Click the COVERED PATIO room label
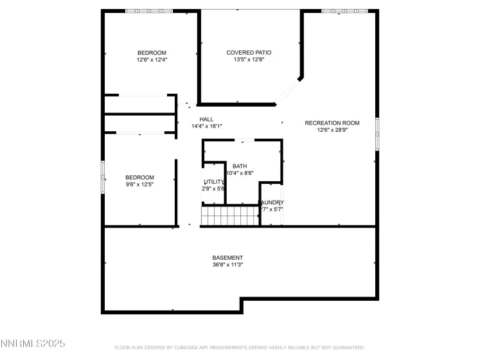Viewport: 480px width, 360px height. (249, 53)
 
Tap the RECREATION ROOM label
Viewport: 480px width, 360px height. (332, 123)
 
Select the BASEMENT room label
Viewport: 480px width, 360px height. (227, 258)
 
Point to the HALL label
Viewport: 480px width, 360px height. (206, 120)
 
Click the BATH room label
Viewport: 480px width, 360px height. (240, 166)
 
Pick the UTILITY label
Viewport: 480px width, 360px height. (214, 182)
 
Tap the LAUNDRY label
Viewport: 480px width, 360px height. (271, 203)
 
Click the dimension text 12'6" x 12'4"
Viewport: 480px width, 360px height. (152, 60)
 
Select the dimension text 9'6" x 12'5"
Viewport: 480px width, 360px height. (139, 184)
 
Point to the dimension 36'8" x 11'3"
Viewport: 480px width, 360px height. (227, 265)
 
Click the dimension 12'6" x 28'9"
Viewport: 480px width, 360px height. (332, 130)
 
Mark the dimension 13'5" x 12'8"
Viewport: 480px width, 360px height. (249, 60)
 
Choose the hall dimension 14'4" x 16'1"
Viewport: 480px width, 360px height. (206, 127)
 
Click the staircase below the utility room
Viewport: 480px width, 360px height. (229, 216)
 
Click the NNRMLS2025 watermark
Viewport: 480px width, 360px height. (33, 345)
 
